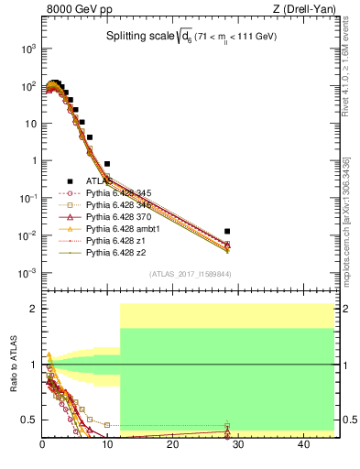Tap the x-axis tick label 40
[x=302, y=446]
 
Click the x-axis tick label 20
[x=172, y=446]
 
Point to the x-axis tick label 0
[x=42, y=446]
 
